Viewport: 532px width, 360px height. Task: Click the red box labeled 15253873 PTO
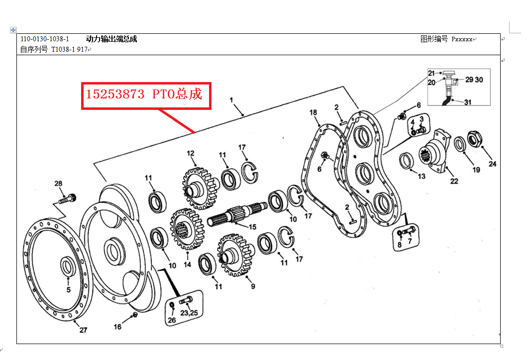(x=146, y=96)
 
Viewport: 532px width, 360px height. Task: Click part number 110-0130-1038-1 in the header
(x=45, y=39)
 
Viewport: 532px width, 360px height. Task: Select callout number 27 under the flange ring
(x=83, y=330)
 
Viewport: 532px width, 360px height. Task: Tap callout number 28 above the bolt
(x=59, y=184)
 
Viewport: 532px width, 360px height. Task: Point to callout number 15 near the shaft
(x=252, y=227)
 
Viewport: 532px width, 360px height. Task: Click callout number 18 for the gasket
(x=313, y=112)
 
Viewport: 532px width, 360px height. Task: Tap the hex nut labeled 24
(x=475, y=139)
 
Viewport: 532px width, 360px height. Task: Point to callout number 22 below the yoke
(x=454, y=181)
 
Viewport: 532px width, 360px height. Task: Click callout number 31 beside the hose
(x=467, y=102)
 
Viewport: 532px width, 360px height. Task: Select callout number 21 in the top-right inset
(x=431, y=73)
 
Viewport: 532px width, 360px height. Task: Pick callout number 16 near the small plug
(x=117, y=327)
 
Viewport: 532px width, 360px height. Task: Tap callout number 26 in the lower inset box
(x=172, y=321)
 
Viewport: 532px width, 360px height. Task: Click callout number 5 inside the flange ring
(x=68, y=289)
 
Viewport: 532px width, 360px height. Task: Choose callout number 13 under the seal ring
(x=422, y=176)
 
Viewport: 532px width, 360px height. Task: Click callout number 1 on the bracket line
(x=231, y=100)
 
